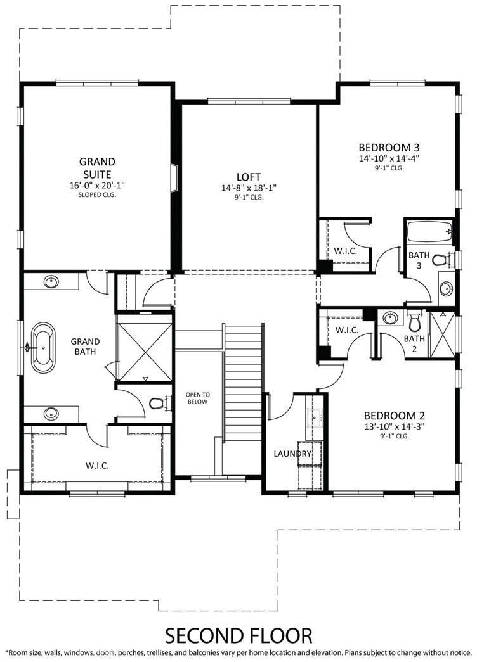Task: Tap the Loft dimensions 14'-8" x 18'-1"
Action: click(x=248, y=188)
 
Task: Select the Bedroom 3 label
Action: click(x=388, y=145)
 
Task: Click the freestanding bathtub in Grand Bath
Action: click(x=44, y=347)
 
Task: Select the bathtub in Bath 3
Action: click(x=429, y=232)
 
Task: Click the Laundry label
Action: click(x=292, y=454)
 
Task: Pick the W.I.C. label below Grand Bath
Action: click(x=97, y=466)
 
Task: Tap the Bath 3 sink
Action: click(x=446, y=289)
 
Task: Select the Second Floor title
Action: click(x=238, y=634)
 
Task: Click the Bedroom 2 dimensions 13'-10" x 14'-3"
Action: click(x=393, y=427)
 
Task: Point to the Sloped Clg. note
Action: click(x=96, y=195)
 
